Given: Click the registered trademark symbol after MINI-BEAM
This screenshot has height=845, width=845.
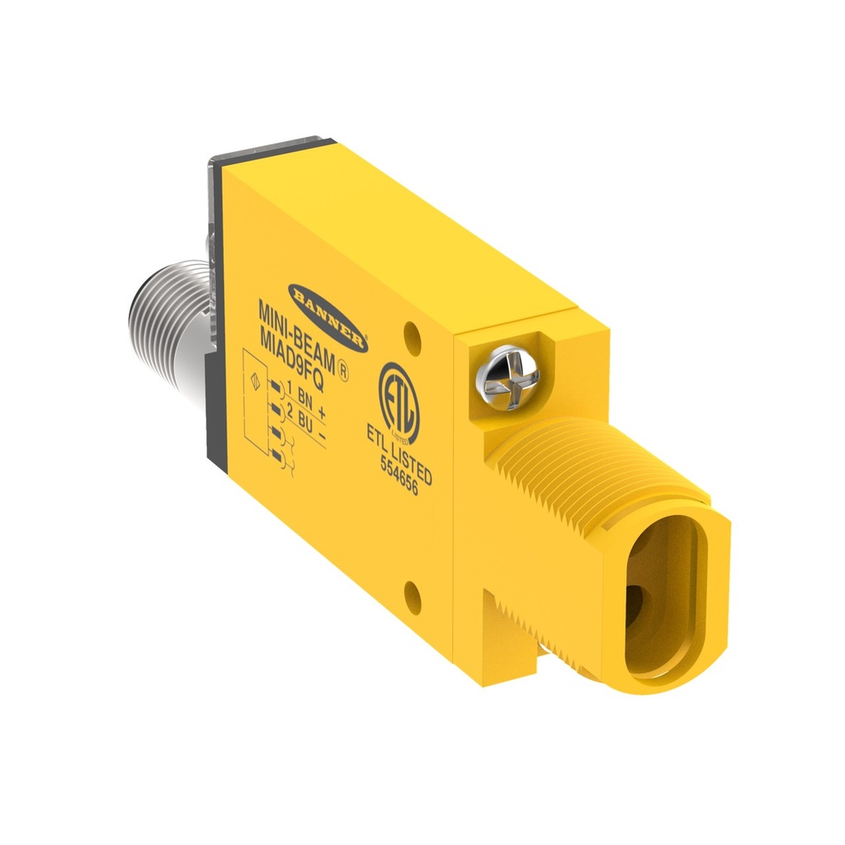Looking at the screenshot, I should [347, 373].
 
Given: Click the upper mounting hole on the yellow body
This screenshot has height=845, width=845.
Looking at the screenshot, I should [413, 333].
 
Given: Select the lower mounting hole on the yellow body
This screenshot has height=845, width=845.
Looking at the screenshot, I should [413, 596].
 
